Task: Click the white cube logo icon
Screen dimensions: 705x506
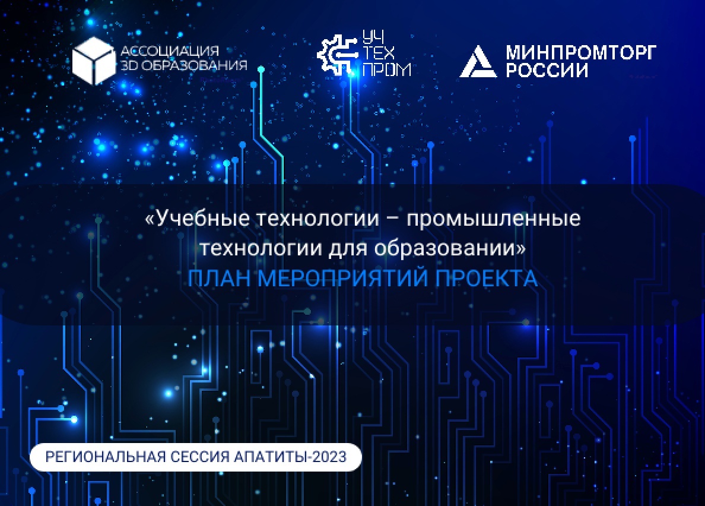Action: pyautogui.click(x=94, y=61)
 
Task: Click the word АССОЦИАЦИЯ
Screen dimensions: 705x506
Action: pyautogui.click(x=170, y=50)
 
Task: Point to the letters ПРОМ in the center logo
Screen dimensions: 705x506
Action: pyautogui.click(x=386, y=69)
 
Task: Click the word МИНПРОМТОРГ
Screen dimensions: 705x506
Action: pyautogui.click(x=581, y=53)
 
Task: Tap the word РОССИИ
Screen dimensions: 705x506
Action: pyautogui.click(x=547, y=70)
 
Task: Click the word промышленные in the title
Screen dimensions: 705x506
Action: pyautogui.click(x=494, y=220)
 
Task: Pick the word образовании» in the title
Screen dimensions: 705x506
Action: pyautogui.click(x=450, y=248)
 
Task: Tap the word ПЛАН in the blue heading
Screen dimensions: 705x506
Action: pyautogui.click(x=219, y=279)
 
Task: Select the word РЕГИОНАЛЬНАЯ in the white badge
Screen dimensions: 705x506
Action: pyautogui.click(x=105, y=457)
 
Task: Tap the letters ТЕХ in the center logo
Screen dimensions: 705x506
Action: pyautogui.click(x=379, y=53)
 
